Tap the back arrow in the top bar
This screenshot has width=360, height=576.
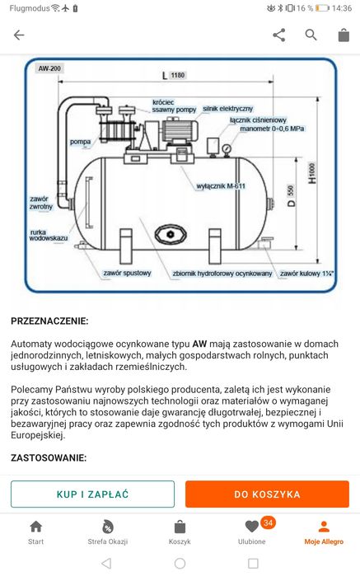click(19, 35)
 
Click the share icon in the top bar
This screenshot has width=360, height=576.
click(278, 35)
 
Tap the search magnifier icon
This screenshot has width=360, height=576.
click(311, 35)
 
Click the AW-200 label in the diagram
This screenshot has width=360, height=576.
click(49, 69)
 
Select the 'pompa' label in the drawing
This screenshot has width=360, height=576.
click(81, 142)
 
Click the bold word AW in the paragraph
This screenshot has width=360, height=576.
click(199, 343)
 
